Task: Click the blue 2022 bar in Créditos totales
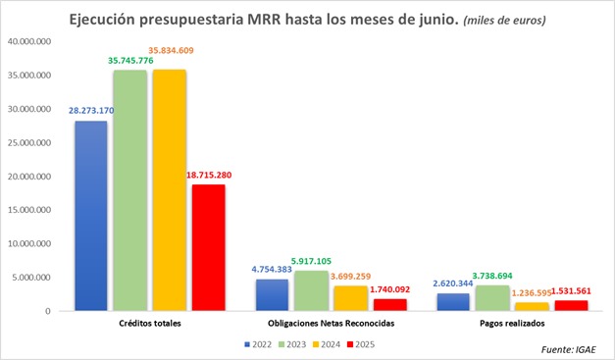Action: (x=92, y=216)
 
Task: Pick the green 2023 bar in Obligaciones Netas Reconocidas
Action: (x=312, y=290)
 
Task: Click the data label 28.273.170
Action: (x=91, y=111)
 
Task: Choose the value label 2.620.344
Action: (x=453, y=283)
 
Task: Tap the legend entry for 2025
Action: (x=363, y=344)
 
